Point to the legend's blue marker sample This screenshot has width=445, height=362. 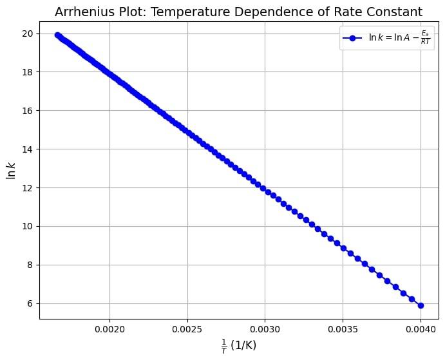(x=354, y=39)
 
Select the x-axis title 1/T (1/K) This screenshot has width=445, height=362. (x=239, y=345)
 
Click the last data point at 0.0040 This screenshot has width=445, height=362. (x=421, y=305)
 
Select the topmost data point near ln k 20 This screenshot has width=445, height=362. (x=57, y=35)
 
